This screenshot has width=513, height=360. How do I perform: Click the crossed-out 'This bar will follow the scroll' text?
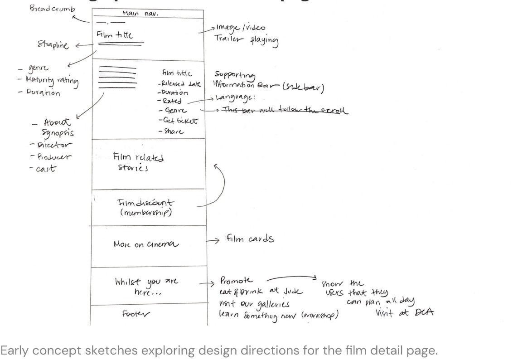(x=284, y=110)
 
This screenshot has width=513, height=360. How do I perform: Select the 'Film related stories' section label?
(x=138, y=162)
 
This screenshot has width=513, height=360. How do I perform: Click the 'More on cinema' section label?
(x=146, y=244)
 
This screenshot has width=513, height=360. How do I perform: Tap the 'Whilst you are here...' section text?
(x=146, y=287)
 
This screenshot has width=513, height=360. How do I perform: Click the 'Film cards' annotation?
(x=250, y=239)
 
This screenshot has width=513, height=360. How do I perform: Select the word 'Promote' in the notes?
(x=237, y=281)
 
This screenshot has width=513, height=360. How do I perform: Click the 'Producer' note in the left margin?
(x=51, y=157)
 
